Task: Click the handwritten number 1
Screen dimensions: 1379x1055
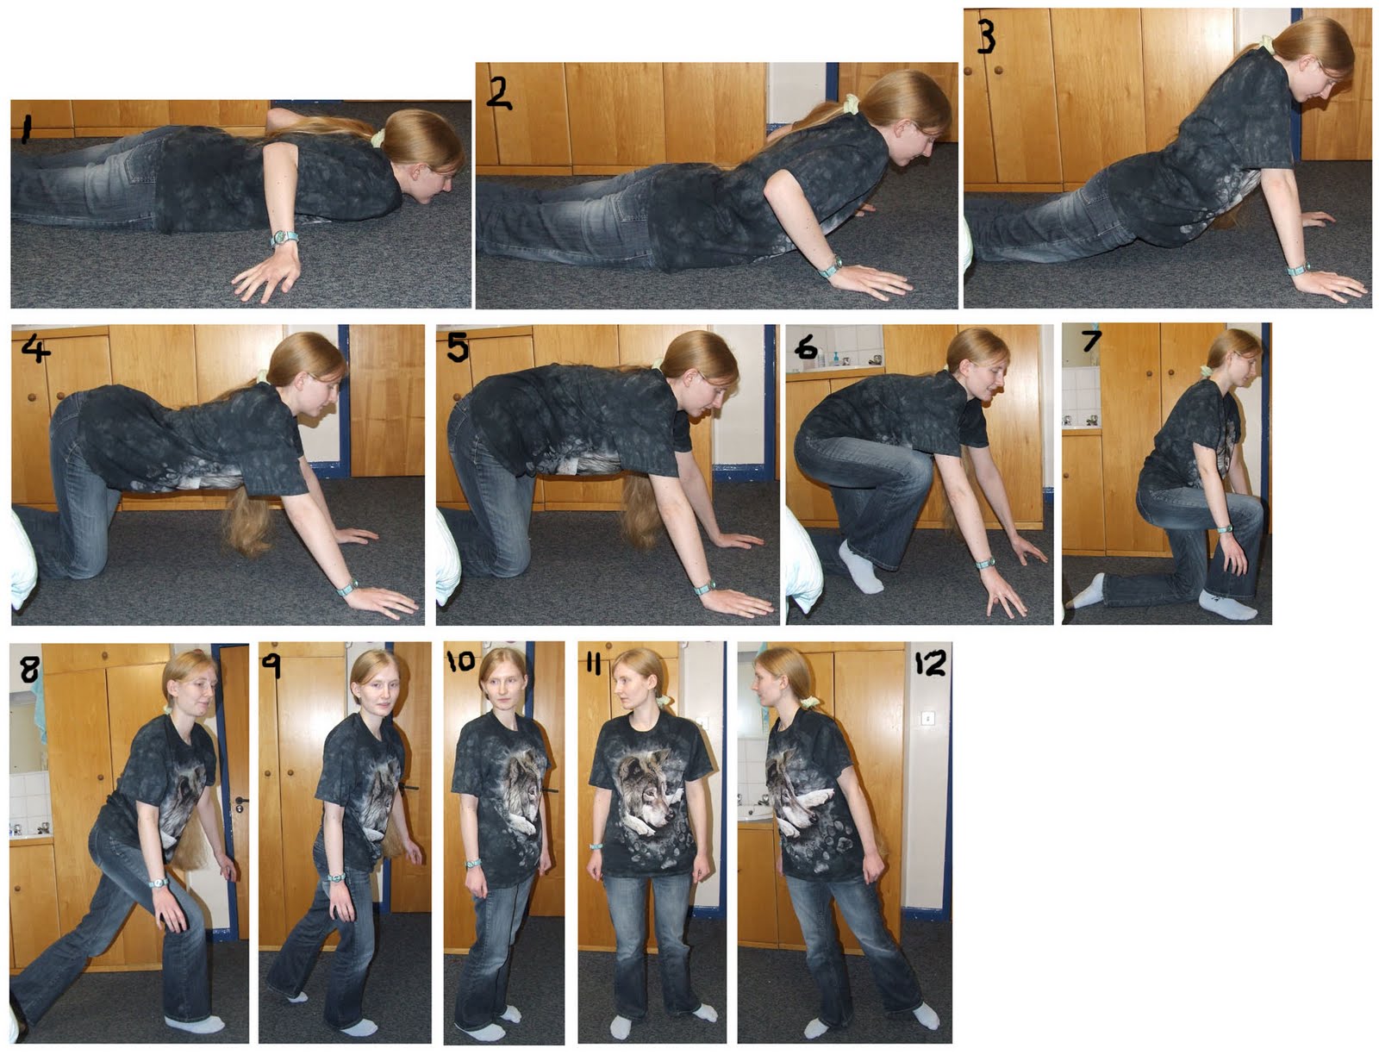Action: click(x=27, y=128)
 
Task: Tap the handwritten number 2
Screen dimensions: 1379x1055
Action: click(x=498, y=92)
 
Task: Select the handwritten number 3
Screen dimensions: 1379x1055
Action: click(x=985, y=35)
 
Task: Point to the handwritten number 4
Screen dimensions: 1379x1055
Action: click(x=35, y=347)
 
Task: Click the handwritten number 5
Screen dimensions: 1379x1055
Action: click(x=458, y=347)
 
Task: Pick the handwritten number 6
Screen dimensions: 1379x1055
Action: click(x=805, y=347)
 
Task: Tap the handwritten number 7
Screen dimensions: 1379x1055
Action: click(x=1091, y=340)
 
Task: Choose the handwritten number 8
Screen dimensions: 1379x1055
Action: click(x=29, y=669)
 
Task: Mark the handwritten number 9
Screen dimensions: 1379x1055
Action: click(x=271, y=665)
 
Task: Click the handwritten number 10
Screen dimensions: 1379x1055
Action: click(x=460, y=661)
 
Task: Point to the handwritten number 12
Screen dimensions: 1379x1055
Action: click(x=930, y=663)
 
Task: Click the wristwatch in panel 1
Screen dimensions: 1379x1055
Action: click(x=284, y=238)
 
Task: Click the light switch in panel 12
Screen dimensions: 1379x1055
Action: click(x=927, y=718)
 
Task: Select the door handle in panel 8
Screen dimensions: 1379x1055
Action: click(x=240, y=803)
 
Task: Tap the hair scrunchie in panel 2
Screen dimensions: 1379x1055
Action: click(x=851, y=103)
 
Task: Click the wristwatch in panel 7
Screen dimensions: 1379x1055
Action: click(x=1224, y=529)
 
